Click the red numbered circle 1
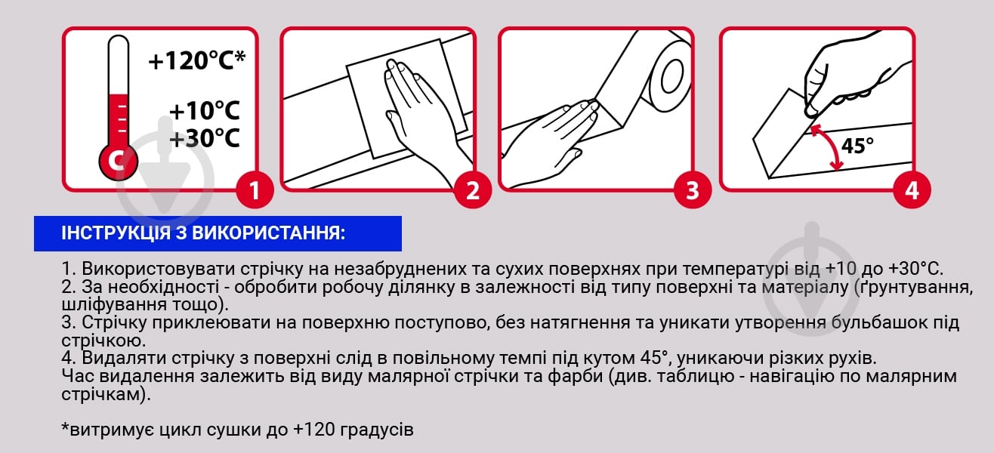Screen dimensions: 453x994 pos(252,190)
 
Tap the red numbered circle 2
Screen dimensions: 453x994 pos(472,190)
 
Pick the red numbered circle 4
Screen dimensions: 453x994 pos(912,190)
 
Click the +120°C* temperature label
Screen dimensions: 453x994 pos(197,61)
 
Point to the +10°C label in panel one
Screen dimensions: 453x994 pos(204,111)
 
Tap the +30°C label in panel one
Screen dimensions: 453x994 pos(204,139)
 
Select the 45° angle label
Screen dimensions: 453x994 pos(857,146)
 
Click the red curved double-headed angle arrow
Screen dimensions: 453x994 pos(829,147)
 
